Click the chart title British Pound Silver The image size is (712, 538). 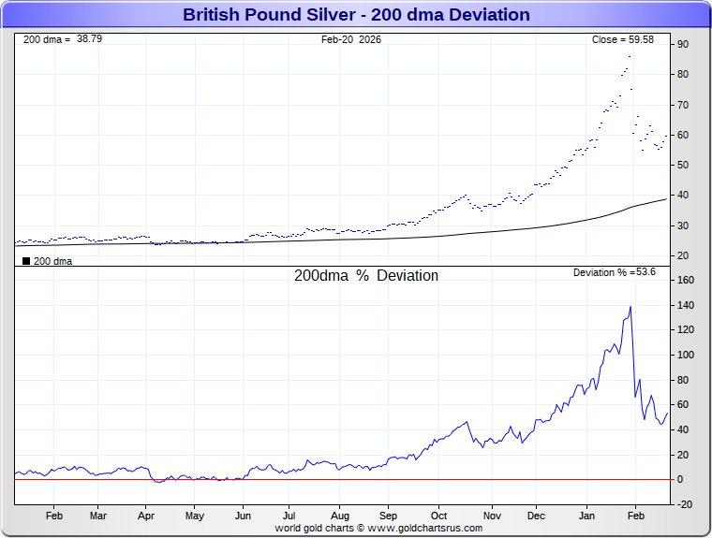[x=356, y=15]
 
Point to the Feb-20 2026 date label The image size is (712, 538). [x=351, y=39]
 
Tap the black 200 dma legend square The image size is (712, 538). [x=26, y=261]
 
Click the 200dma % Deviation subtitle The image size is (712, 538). [x=366, y=276]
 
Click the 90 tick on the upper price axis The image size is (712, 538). [x=683, y=44]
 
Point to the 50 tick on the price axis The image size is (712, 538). [x=683, y=166]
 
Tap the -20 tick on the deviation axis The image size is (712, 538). [x=685, y=504]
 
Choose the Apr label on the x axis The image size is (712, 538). [x=145, y=516]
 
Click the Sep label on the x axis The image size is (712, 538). [x=389, y=516]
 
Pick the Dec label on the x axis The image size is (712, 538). [x=537, y=516]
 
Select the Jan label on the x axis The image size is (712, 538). [x=587, y=516]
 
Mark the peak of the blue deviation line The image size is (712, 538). [x=630, y=307]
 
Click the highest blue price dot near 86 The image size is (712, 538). [x=630, y=57]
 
